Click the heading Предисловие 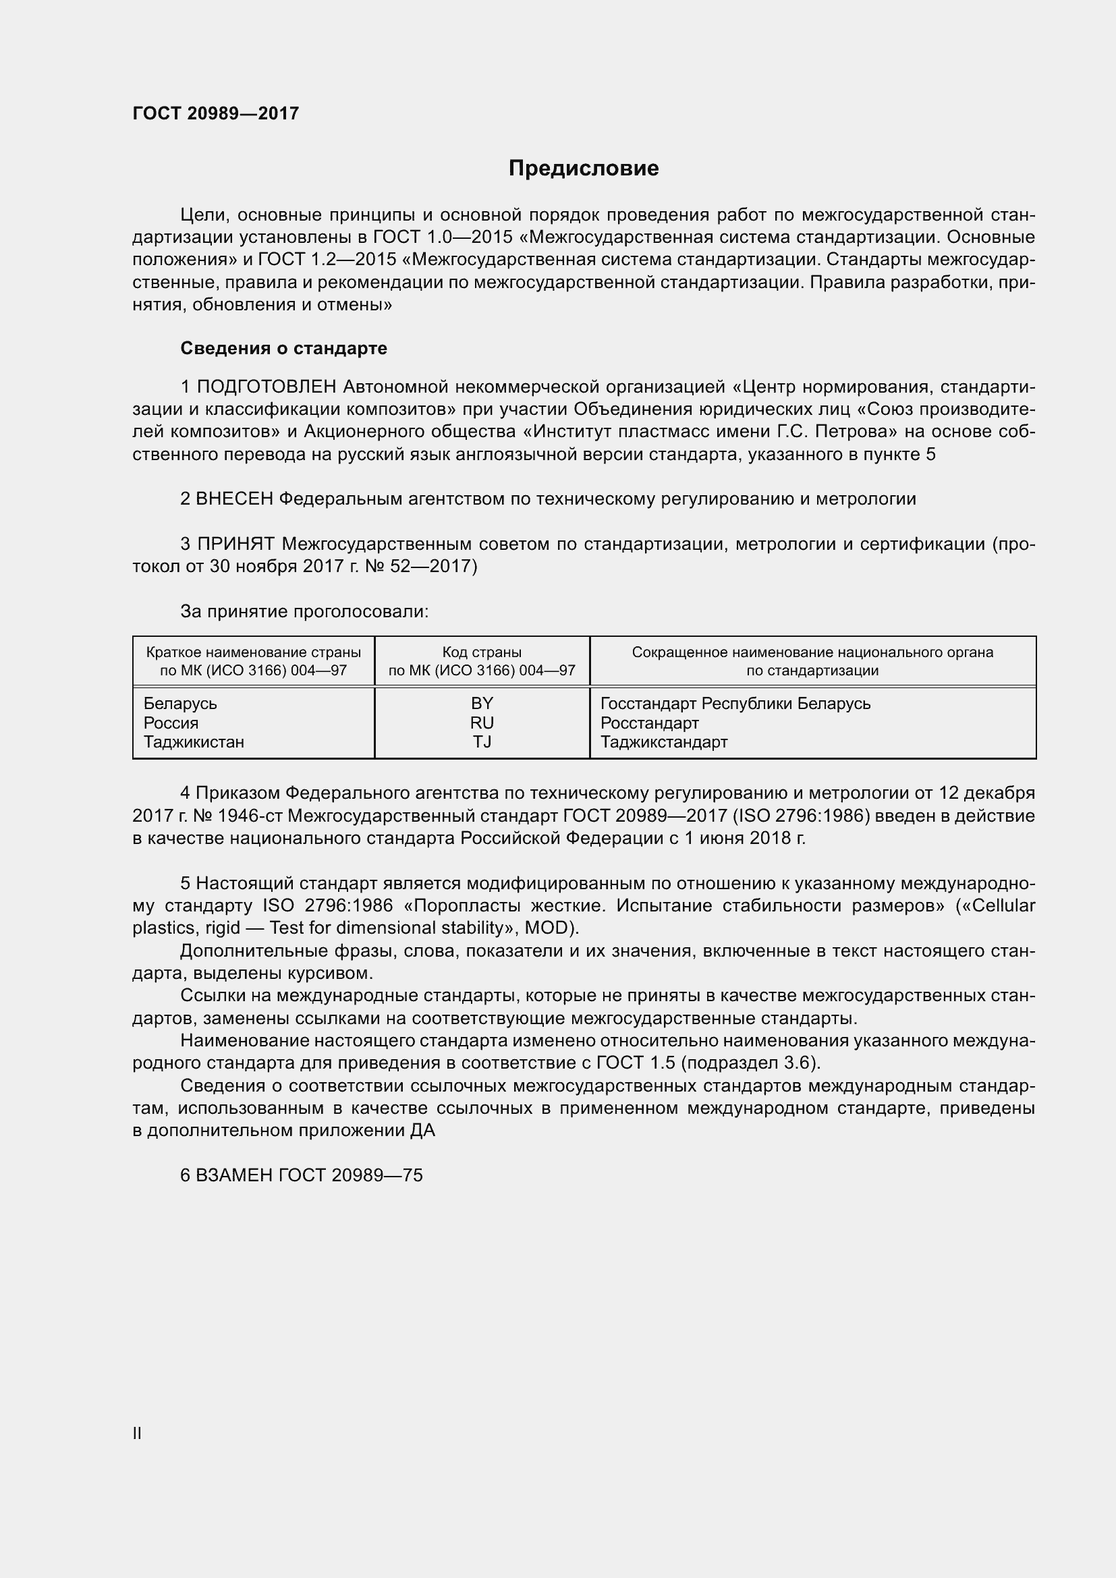click(584, 169)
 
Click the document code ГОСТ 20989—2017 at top click(216, 113)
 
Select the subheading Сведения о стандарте click(283, 348)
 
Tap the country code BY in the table click(482, 703)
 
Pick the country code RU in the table click(482, 723)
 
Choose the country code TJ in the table click(482, 741)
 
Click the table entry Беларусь click(180, 703)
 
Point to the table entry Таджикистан click(194, 741)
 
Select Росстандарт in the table click(649, 723)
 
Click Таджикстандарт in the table click(664, 741)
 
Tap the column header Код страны click(482, 652)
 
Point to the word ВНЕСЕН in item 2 click(234, 499)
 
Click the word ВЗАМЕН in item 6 click(234, 1175)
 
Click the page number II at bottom click(137, 1433)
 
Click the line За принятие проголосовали click(304, 611)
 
